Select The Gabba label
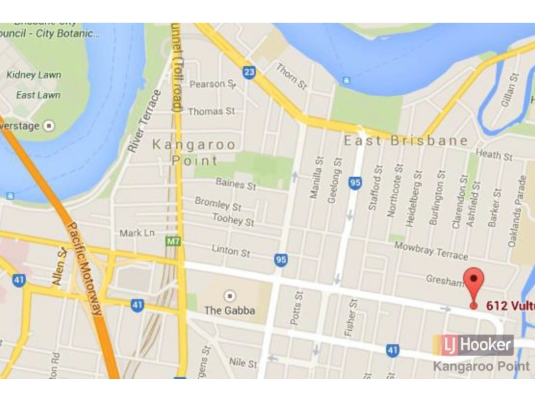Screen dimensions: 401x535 (229, 310)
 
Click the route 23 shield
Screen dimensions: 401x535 (249, 72)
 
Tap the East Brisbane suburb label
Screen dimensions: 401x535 (406, 141)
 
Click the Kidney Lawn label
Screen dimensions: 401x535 (33, 75)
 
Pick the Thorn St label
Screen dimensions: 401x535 (291, 76)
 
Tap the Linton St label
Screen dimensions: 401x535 (231, 253)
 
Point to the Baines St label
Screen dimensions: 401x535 (235, 183)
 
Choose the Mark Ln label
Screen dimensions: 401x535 (136, 233)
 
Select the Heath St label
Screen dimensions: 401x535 (494, 156)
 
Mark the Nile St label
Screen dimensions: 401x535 (243, 364)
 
